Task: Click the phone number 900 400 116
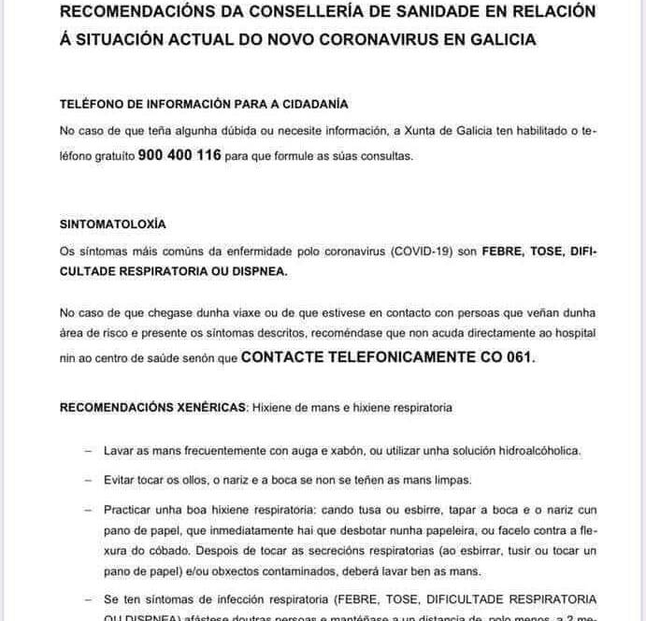[x=179, y=155]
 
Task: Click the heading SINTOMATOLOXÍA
[x=112, y=226]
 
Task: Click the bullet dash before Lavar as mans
[x=88, y=451]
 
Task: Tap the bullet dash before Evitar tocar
[x=88, y=480]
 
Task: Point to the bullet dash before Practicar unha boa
[x=88, y=510]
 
